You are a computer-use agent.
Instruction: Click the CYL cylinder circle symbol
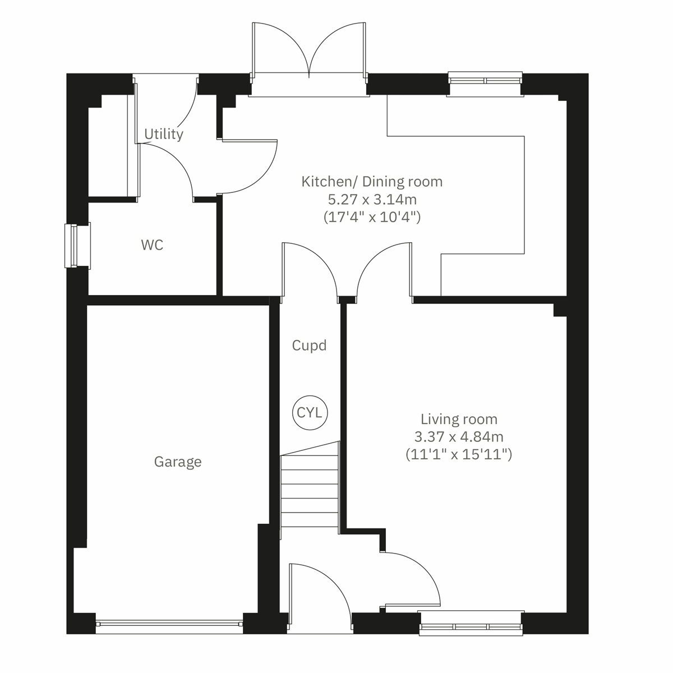coord(310,413)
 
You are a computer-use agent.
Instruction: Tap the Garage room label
coord(178,462)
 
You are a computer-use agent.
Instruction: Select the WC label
coord(152,245)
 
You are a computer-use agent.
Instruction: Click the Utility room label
coord(164,135)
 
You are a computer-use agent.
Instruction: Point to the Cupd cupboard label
coord(309,345)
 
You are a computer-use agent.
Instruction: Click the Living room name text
coord(459,419)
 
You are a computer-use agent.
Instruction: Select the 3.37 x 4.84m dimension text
coord(459,436)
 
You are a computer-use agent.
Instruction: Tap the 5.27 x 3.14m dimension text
coord(372,199)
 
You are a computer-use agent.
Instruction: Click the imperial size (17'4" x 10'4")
coord(372,216)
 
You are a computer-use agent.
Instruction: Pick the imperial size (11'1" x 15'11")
coord(459,454)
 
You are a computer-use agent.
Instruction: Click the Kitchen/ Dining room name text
coord(372,182)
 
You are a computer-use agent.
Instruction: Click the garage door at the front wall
coord(169,623)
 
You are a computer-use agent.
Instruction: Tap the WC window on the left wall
coord(72,246)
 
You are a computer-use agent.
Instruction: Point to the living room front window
coord(471,627)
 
